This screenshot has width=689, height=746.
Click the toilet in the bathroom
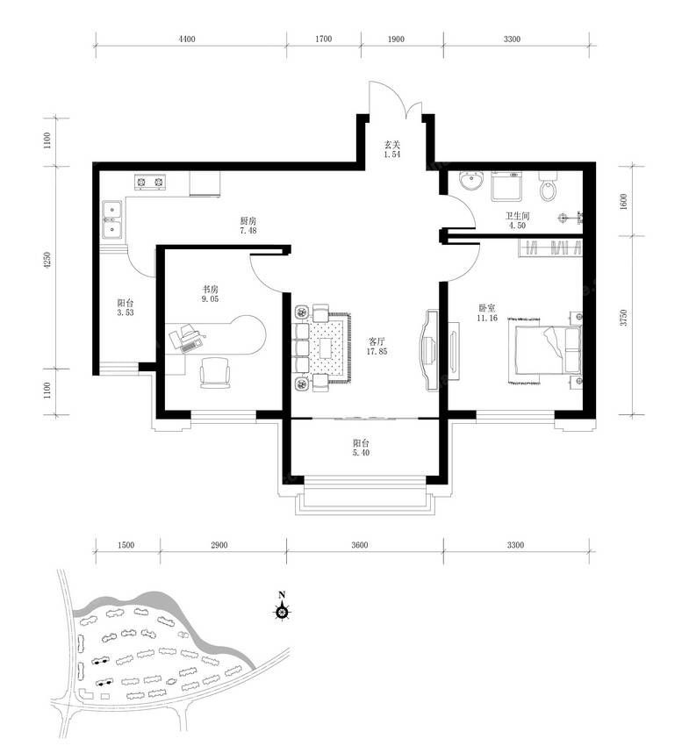point(549,185)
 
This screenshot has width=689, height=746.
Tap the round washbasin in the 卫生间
point(471,182)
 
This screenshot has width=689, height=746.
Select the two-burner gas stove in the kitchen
point(149,182)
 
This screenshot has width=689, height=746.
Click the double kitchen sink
point(112,219)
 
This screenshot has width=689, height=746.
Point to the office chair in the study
point(214,372)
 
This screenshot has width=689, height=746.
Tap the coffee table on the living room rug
point(327,348)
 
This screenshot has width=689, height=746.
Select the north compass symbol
point(282,607)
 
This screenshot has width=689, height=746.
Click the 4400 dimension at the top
point(187,39)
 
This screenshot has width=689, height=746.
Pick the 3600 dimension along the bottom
point(360,545)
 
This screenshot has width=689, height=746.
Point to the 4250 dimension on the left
point(47,262)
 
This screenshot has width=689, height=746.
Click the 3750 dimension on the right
point(623,318)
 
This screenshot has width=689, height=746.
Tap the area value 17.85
point(377,352)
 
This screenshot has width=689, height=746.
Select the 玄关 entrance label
point(392,145)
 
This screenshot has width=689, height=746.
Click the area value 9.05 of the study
point(211,298)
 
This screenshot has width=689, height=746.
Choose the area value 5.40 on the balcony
point(361,453)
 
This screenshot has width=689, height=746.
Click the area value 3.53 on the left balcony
point(126,312)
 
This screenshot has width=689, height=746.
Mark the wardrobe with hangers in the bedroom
point(550,247)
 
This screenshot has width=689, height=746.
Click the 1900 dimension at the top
point(396,39)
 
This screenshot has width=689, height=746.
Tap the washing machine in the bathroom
point(506,186)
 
